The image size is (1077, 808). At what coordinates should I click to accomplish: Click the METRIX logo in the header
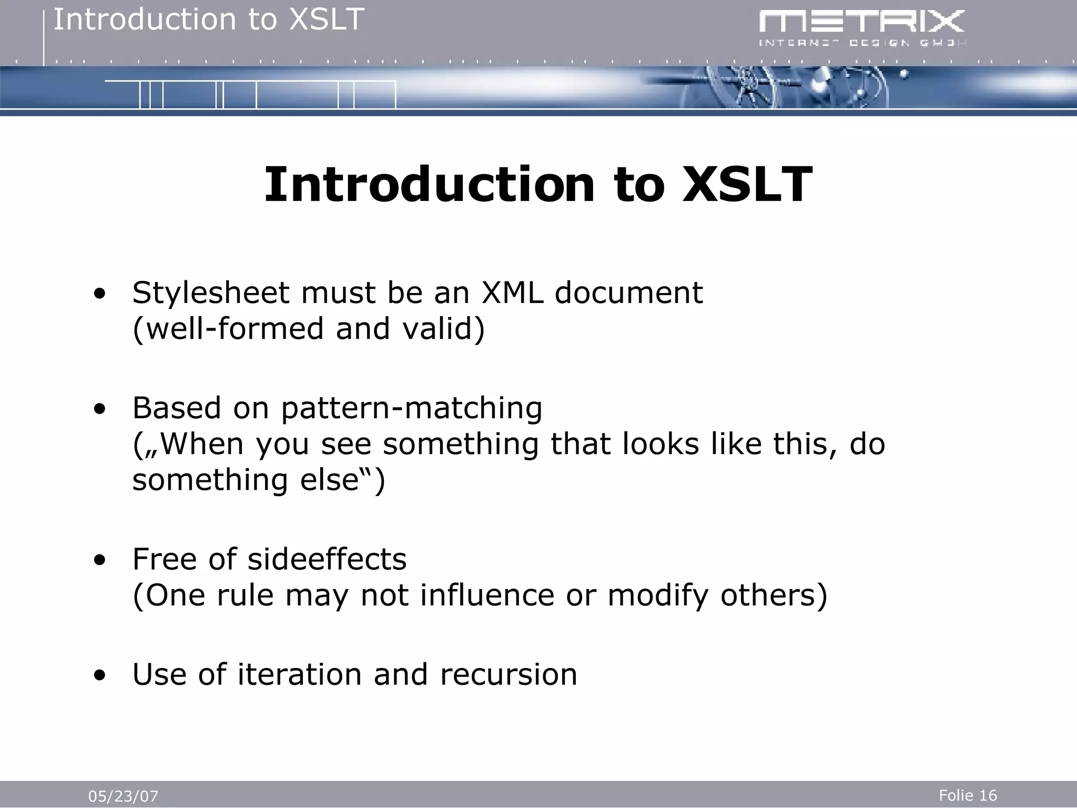coord(862,22)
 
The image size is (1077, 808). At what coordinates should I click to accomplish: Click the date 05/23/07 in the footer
coord(123,796)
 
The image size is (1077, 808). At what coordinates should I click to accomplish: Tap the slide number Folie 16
coord(968,795)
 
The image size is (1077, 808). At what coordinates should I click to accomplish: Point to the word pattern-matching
coord(411,409)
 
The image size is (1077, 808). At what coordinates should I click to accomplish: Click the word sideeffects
coord(327,559)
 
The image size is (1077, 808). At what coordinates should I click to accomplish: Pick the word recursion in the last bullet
coord(509,674)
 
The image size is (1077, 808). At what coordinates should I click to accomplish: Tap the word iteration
coord(299,674)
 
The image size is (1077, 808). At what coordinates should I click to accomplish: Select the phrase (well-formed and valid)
coord(309,329)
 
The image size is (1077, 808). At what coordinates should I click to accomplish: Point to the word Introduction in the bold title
coord(429,185)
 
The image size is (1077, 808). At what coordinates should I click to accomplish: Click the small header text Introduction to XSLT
coord(208,20)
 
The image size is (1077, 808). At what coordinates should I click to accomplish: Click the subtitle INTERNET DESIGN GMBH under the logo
coord(862,43)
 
